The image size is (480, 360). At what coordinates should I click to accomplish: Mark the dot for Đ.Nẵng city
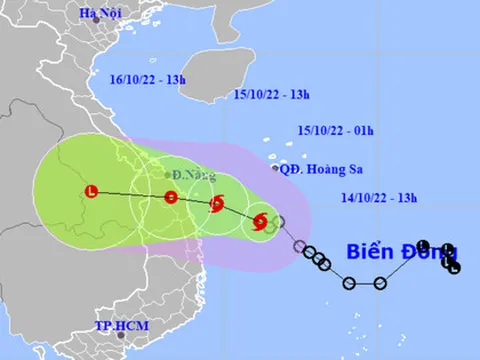tap(167, 175)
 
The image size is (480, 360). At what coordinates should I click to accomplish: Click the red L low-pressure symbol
tap(91, 190)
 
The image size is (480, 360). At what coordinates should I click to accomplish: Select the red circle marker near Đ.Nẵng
tap(171, 197)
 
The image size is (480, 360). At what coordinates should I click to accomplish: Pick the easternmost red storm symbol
tap(260, 222)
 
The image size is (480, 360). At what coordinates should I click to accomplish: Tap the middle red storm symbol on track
tap(216, 206)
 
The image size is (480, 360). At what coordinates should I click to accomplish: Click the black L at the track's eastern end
tap(455, 268)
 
